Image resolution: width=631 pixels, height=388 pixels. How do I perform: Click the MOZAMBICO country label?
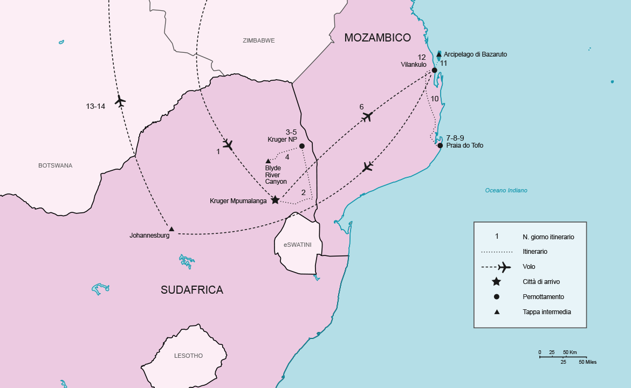[x=378, y=38]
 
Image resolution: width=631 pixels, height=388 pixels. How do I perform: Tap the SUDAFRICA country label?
[x=192, y=290]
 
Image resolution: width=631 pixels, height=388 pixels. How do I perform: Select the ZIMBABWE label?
[x=259, y=40]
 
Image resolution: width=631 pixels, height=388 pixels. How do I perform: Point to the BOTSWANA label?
[x=55, y=165]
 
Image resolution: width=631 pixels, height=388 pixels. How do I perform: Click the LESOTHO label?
[x=188, y=356]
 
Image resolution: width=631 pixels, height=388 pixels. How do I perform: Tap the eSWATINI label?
[x=298, y=245]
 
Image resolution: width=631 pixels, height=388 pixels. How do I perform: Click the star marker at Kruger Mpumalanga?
[x=275, y=200]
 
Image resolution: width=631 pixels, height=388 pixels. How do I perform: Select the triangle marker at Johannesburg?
[x=172, y=229]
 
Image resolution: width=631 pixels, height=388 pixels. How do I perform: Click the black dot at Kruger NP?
[x=302, y=146]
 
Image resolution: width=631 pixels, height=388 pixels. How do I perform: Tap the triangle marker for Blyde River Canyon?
[x=268, y=161]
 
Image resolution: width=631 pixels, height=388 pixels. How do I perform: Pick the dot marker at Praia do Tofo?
[x=440, y=145]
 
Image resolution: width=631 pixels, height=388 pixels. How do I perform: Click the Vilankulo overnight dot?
[x=434, y=70]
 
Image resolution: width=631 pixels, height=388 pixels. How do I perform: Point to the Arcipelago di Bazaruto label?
[x=475, y=54]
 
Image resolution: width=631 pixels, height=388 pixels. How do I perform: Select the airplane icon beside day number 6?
[x=368, y=116]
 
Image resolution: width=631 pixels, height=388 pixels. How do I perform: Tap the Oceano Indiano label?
[x=506, y=190]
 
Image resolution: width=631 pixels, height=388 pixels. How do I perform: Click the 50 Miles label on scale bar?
[x=587, y=362]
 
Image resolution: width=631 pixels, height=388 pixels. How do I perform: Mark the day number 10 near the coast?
[x=435, y=99]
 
